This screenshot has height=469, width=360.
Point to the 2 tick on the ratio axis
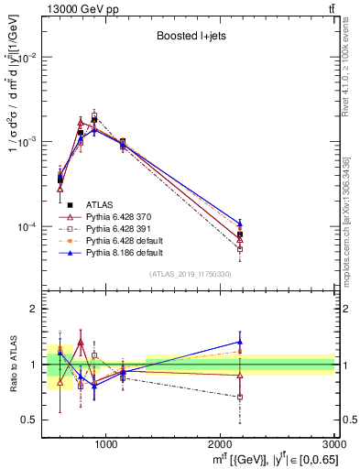[x=35, y=310]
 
